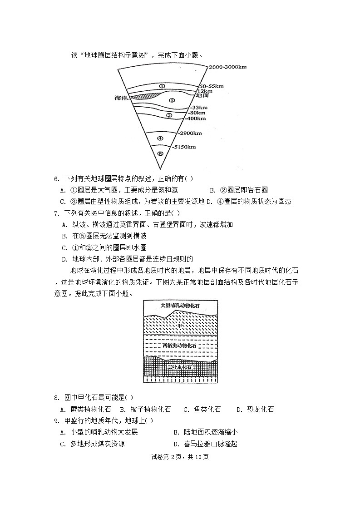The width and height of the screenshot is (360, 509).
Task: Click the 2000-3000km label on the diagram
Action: click(227, 67)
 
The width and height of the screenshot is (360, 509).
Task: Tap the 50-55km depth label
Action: click(211, 85)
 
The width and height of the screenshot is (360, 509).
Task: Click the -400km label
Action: click(196, 118)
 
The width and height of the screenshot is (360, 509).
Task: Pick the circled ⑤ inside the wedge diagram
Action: click(160, 153)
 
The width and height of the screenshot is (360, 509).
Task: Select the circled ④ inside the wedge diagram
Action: click(160, 138)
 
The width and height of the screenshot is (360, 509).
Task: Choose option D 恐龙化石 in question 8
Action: click(255, 409)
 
